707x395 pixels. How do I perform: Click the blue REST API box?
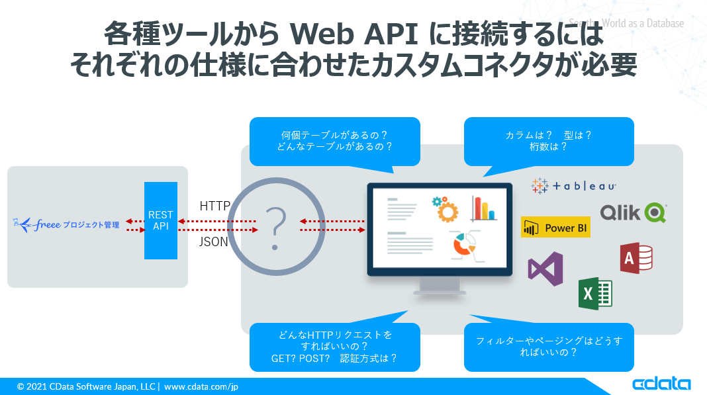coord(161,220)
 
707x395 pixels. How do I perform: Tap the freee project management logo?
coord(66,225)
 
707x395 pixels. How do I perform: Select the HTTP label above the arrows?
coord(214,206)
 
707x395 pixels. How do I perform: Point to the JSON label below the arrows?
coord(214,242)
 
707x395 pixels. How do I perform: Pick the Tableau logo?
coord(574,187)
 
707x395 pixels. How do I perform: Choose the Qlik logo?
coord(633,212)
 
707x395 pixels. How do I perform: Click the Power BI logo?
coord(555,228)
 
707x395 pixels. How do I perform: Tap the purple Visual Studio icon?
coord(545,269)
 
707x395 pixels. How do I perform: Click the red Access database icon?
coord(636,258)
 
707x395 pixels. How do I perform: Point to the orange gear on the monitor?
coord(448,209)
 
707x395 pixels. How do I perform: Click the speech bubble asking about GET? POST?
coord(334,347)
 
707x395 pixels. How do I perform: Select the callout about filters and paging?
coord(549,347)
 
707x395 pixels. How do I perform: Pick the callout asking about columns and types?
coord(549,141)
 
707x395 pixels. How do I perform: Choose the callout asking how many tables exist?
coord(334,141)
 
